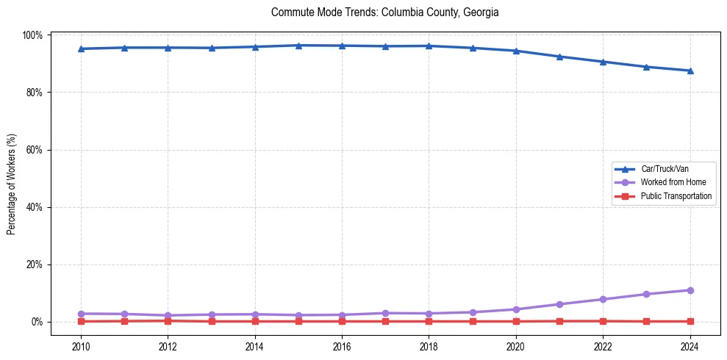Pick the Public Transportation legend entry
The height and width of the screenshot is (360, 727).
pyautogui.click(x=676, y=196)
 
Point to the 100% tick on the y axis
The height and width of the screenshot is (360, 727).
pyautogui.click(x=34, y=35)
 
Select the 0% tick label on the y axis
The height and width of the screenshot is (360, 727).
pyautogui.click(x=37, y=322)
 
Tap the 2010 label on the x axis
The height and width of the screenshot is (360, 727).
pyautogui.click(x=81, y=346)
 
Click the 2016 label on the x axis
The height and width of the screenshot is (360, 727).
pyautogui.click(x=342, y=346)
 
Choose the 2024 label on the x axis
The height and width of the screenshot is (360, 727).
pyautogui.click(x=690, y=346)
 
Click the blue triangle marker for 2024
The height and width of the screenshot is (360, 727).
pyautogui.click(x=690, y=71)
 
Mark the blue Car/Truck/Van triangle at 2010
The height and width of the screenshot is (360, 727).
pyautogui.click(x=81, y=49)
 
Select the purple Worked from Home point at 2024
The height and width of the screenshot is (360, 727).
pyautogui.click(x=690, y=290)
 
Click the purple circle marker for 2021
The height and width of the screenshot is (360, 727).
pyautogui.click(x=559, y=304)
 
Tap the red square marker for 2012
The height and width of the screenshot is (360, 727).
pyautogui.click(x=168, y=320)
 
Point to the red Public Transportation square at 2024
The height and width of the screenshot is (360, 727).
pyautogui.click(x=690, y=321)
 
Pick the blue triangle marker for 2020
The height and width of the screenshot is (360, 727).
pyautogui.click(x=516, y=51)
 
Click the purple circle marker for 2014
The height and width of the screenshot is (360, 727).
pyautogui.click(x=255, y=314)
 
